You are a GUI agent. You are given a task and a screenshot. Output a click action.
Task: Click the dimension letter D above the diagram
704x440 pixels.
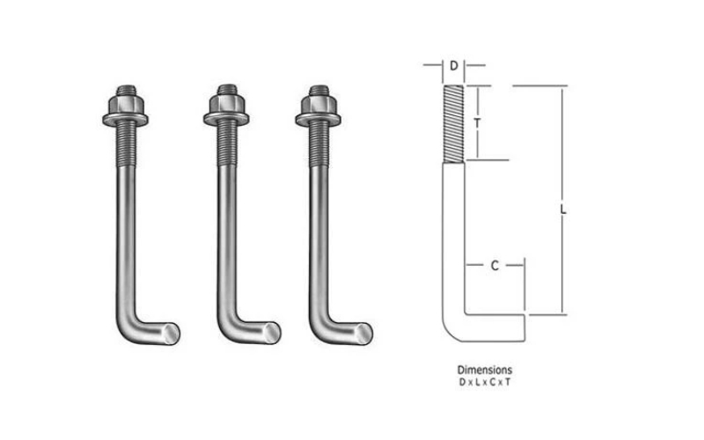pos(454,66)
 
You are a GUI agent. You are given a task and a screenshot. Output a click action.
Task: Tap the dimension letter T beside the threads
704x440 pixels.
pos(478,122)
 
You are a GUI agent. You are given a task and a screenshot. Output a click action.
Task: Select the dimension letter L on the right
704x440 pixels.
pos(563,209)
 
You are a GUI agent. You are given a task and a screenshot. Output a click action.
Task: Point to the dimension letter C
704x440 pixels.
pos(495,266)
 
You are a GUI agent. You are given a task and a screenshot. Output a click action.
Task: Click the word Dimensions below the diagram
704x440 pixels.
pos(485,370)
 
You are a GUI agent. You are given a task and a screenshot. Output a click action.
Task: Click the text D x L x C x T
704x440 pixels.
pos(485,383)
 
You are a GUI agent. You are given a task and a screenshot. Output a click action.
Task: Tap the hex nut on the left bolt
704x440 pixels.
pos(125,104)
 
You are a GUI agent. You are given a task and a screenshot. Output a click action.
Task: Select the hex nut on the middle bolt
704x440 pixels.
pos(226,104)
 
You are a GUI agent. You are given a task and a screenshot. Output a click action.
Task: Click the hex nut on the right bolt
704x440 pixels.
pos(319,104)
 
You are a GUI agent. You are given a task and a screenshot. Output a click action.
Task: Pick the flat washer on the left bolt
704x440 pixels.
pos(125,120)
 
